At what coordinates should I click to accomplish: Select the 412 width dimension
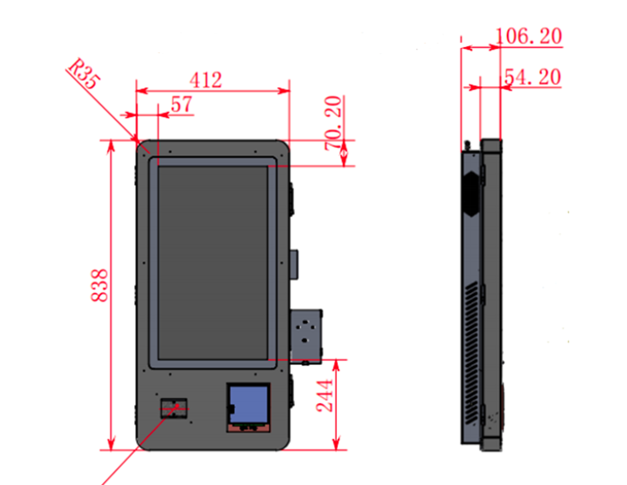(206, 80)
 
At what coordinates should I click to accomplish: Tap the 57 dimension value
(181, 104)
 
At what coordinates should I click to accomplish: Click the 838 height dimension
(99, 285)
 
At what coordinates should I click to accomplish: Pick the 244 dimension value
(324, 396)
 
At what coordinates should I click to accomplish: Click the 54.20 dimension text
(533, 77)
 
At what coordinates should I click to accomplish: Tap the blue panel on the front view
(249, 404)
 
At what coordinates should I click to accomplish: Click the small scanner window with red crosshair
(174, 408)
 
